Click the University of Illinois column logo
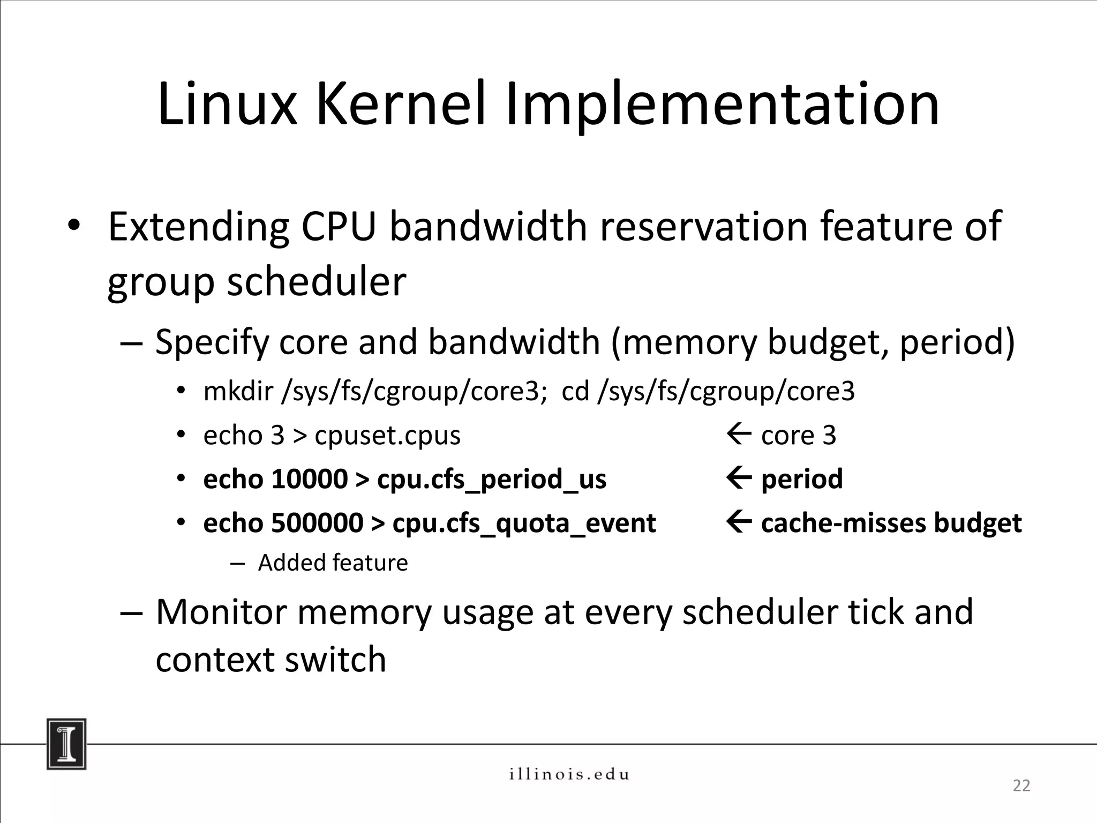(66, 744)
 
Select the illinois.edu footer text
(568, 774)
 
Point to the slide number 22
(1021, 785)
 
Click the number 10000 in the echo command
(309, 478)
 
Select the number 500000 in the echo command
(317, 522)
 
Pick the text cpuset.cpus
(387, 435)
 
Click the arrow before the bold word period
(739, 478)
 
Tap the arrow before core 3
(739, 435)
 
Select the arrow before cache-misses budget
(739, 522)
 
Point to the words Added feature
(333, 563)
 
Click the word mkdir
(238, 391)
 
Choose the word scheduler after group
(316, 282)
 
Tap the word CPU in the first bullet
(339, 227)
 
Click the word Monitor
(223, 611)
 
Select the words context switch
(271, 659)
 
